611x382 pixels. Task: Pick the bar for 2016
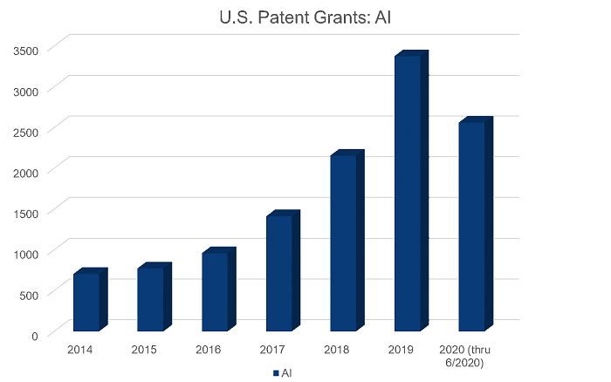click(215, 291)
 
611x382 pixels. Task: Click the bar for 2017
click(278, 272)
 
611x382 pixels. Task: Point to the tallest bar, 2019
click(407, 193)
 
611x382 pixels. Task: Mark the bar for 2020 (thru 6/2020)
click(471, 226)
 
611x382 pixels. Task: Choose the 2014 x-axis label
click(79, 351)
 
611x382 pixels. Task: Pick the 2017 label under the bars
click(272, 351)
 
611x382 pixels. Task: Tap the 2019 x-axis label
click(401, 351)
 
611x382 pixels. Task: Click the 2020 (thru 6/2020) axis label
click(465, 356)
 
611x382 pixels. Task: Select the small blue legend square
click(276, 372)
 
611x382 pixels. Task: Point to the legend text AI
click(286, 372)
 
